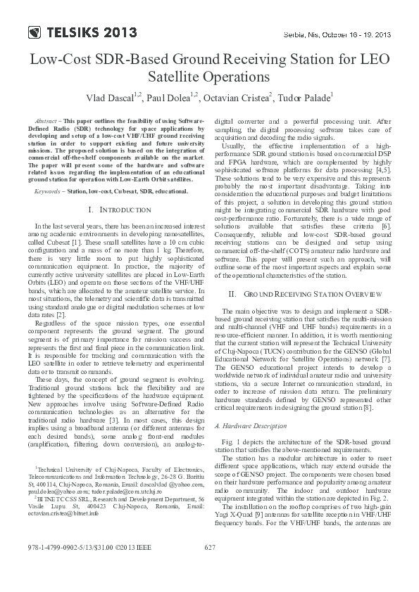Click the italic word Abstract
click(46, 121)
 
